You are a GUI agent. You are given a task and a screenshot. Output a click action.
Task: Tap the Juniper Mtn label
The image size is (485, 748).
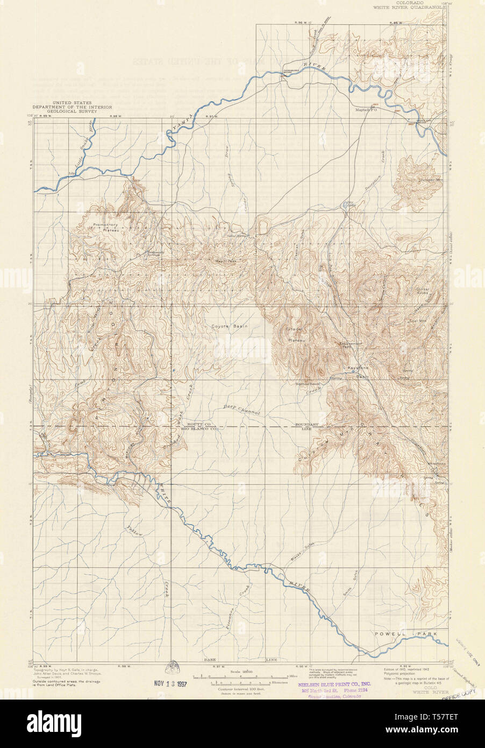(x=429, y=179)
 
